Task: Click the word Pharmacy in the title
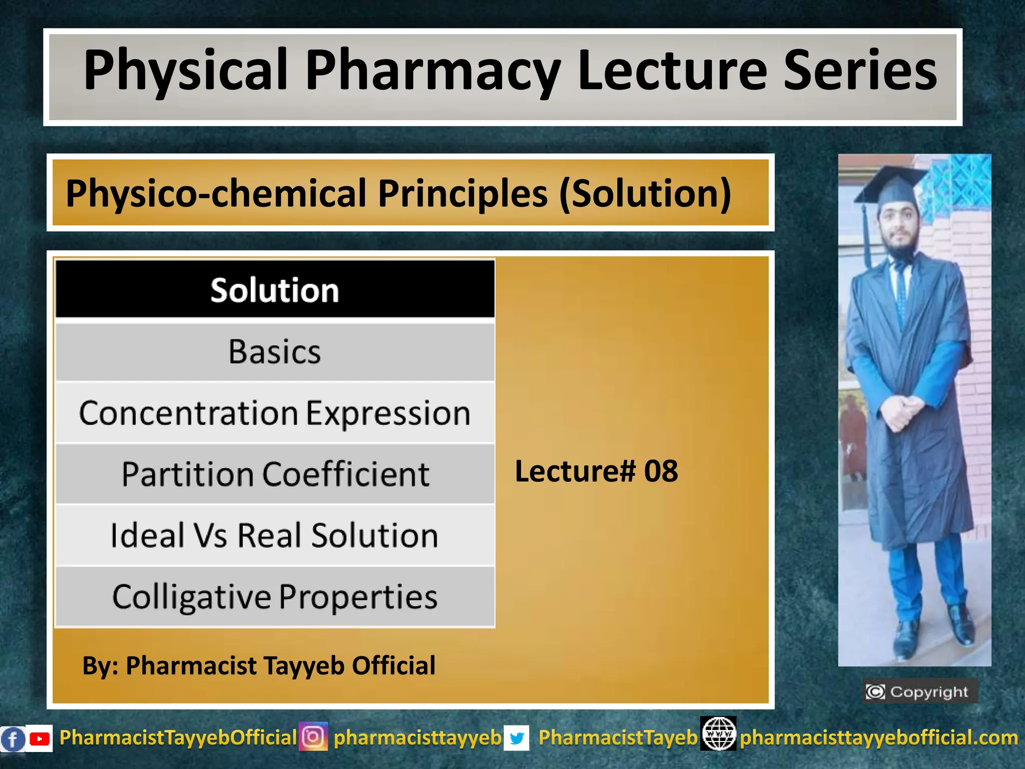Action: click(x=433, y=71)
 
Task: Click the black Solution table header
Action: click(x=275, y=290)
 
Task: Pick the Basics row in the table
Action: click(x=275, y=351)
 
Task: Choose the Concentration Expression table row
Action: click(x=275, y=413)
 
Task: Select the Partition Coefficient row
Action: click(x=275, y=474)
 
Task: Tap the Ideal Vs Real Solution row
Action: click(x=275, y=535)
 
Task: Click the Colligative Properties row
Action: click(x=275, y=597)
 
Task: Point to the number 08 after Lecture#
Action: click(x=661, y=471)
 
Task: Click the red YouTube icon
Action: click(x=39, y=738)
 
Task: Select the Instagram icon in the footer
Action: click(x=313, y=736)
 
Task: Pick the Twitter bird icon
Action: click(x=517, y=738)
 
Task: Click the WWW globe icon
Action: click(x=718, y=733)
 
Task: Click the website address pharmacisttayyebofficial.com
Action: click(x=879, y=737)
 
